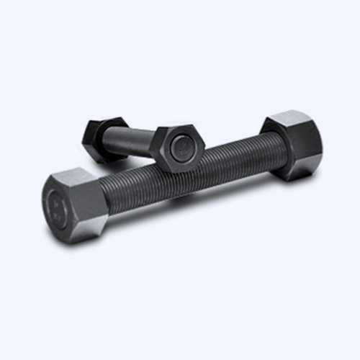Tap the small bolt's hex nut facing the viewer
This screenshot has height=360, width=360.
point(180,149)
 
